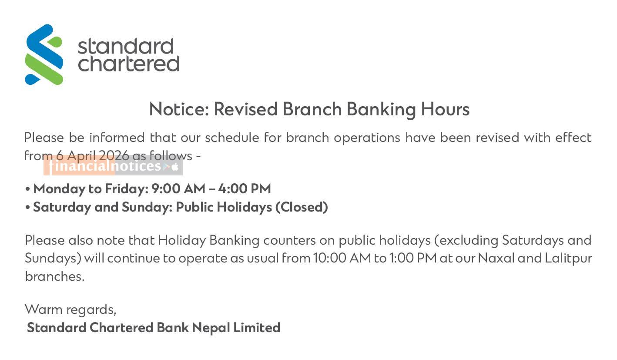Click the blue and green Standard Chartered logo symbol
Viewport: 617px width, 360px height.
44,54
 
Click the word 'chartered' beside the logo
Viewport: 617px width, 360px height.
129,64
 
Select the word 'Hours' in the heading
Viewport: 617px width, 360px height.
445,109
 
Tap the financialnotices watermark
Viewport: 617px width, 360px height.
113,165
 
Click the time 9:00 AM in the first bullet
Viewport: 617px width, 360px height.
178,189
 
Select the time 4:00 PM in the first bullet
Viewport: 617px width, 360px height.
245,189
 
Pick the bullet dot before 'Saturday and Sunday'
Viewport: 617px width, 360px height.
27,208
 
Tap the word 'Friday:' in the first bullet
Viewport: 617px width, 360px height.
127,189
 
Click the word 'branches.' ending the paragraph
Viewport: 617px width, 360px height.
54,276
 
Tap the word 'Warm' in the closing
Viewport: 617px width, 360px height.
44,309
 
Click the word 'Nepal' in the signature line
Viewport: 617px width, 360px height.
211,328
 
